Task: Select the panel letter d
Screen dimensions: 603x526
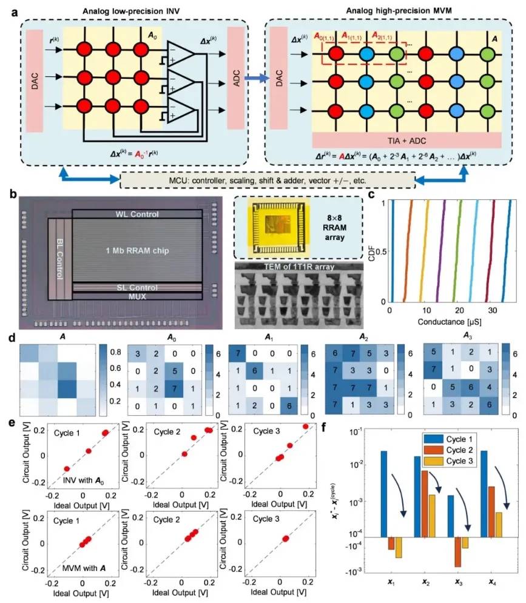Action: pyautogui.click(x=10, y=338)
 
